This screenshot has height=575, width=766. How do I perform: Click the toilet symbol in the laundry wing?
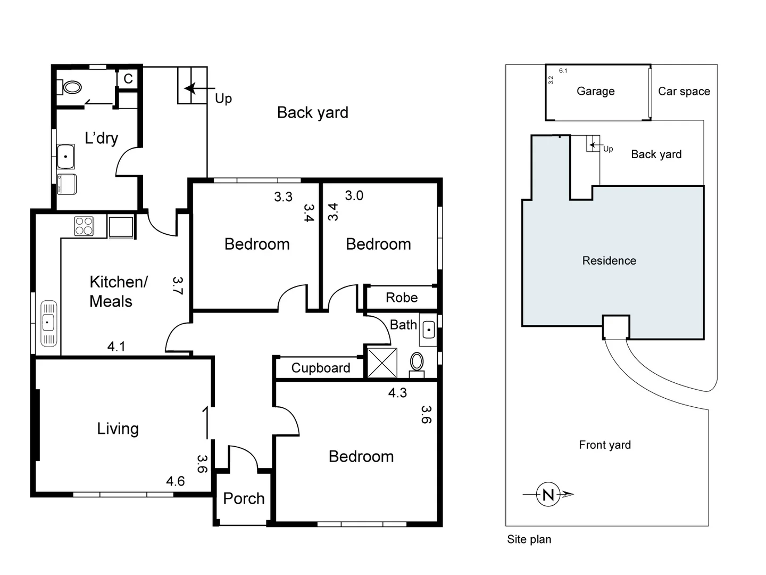coord(72,87)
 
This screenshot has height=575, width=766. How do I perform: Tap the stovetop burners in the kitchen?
coord(84,226)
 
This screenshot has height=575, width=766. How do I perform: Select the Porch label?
coord(244,498)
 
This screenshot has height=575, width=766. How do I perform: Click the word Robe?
coord(402,298)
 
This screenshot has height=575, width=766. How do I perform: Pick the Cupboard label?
coord(320,368)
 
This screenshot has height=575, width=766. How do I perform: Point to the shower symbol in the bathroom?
coord(382,363)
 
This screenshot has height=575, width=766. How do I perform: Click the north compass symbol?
coord(548,495)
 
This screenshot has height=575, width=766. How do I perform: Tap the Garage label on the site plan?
coord(595,91)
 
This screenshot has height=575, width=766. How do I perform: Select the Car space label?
coord(684,91)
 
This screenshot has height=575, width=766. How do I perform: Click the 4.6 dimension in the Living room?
coord(175,481)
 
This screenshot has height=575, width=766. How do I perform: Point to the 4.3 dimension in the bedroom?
coord(397,393)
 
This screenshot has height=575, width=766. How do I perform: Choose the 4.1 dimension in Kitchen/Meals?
coord(116,347)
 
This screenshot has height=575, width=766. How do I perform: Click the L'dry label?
coord(101,138)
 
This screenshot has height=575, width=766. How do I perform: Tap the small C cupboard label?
coord(128,79)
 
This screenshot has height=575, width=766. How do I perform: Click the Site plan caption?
coord(529,539)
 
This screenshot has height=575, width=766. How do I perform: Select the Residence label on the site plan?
coord(609,260)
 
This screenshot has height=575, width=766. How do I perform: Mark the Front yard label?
coord(605,445)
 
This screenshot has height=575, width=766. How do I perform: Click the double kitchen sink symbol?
coord(48,323)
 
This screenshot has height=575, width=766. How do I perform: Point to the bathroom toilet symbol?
coord(417,363)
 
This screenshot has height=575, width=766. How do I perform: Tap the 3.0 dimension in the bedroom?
coord(354,195)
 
